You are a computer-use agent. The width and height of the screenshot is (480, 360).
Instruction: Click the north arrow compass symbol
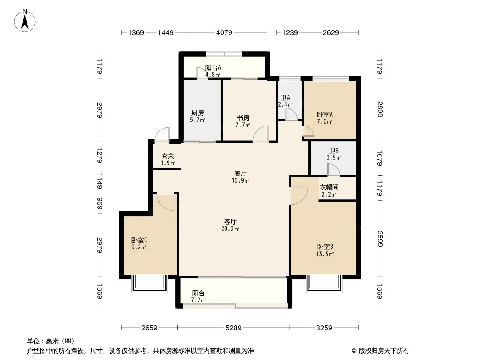pos(25,21)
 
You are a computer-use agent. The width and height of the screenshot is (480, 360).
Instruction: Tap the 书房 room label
pos(243,118)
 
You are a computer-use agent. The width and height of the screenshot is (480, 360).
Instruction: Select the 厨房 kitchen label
pos(198,113)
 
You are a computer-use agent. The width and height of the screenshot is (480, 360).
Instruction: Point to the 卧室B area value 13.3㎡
pos(325,254)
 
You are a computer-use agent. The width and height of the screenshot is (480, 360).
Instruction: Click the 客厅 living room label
pos(230,221)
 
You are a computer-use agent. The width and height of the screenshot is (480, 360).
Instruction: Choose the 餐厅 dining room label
pos(240,173)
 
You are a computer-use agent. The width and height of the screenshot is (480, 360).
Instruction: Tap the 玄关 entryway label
pos(168,156)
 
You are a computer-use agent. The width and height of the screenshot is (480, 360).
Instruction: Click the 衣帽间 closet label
pos(329,188)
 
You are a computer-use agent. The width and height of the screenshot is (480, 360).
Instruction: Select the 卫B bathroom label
pos(334,151)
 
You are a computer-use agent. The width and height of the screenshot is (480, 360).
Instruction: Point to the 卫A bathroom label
pos(285,98)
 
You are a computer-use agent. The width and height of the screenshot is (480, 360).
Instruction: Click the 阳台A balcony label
pos(213,67)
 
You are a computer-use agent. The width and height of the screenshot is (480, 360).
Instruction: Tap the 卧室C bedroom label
pos(139,240)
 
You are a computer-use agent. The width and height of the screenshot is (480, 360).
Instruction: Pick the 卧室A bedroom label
pos(325,114)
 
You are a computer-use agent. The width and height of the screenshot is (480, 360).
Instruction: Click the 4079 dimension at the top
pos(224,32)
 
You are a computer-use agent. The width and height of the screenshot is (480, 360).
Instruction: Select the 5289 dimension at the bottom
pos(234,328)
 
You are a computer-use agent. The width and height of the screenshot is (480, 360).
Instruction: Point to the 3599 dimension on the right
pos(380,238)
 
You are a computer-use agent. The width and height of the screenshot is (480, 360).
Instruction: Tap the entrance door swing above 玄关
pos(162,134)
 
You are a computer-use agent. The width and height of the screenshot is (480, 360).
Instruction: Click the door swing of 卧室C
pos(166,202)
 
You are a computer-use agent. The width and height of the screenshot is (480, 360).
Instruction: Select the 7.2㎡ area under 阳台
pos(199,300)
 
